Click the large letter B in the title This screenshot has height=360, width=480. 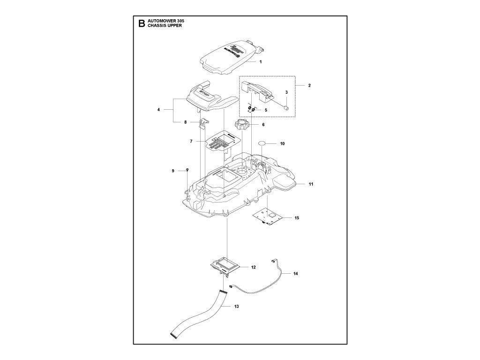click(x=142, y=25)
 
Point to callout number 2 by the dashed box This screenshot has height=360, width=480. click(x=309, y=86)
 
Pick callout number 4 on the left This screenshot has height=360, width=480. click(x=159, y=110)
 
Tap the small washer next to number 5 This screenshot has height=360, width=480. click(x=253, y=110)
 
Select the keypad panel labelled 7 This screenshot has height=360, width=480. click(x=224, y=142)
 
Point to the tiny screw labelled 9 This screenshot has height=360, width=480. click(x=187, y=169)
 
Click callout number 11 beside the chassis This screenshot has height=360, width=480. click(x=311, y=184)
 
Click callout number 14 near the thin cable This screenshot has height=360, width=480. click(x=295, y=273)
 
